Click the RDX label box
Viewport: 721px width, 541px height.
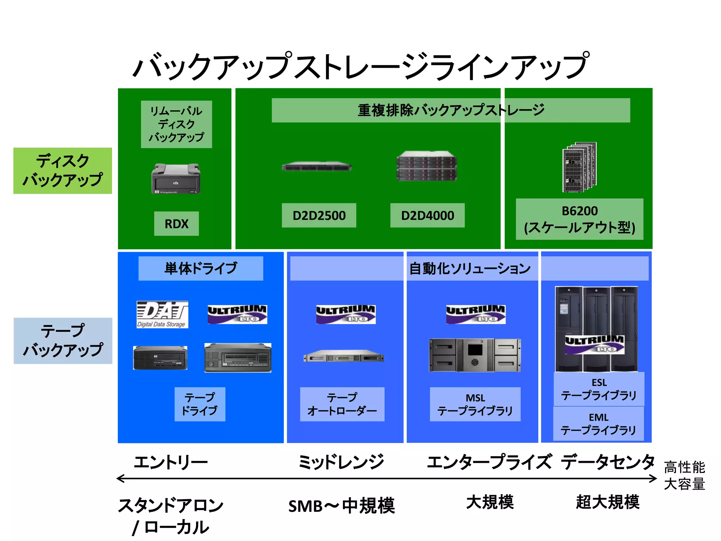(176, 224)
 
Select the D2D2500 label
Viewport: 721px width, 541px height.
(319, 215)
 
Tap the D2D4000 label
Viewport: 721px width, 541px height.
(427, 215)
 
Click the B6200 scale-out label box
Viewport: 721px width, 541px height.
(579, 219)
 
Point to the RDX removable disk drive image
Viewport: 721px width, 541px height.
(176, 179)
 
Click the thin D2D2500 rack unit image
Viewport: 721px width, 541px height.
(316, 167)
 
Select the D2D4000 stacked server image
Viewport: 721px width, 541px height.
(427, 166)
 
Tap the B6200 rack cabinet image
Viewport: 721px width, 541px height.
(579, 167)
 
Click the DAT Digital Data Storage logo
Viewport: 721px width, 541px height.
(162, 315)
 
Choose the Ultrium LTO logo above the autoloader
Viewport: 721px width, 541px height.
(346, 314)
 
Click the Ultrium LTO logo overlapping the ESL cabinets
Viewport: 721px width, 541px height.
(595, 344)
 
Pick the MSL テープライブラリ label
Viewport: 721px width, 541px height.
(475, 404)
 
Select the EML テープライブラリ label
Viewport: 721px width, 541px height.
(598, 424)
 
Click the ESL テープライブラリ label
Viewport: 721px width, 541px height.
(599, 389)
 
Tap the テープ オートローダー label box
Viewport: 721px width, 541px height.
(342, 404)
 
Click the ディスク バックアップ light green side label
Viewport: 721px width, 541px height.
(63, 171)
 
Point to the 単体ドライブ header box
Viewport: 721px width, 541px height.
(201, 268)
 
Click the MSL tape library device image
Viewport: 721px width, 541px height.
(475, 355)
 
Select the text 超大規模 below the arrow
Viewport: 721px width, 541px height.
(607, 502)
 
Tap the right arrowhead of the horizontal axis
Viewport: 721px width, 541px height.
(654, 478)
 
